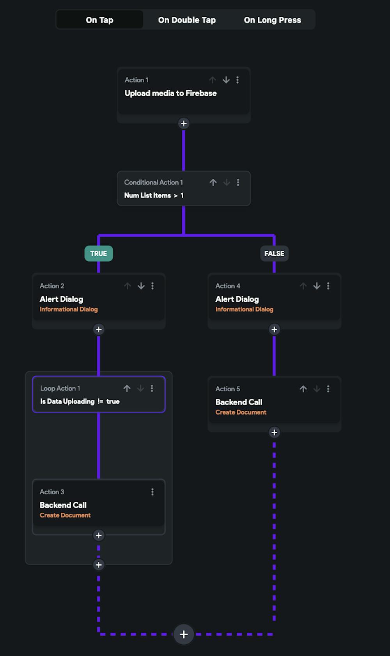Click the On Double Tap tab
tap(187, 20)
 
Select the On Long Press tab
tap(272, 20)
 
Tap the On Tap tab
tap(99, 20)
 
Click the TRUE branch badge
tap(99, 253)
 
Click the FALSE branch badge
tap(274, 253)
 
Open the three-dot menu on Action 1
tap(238, 80)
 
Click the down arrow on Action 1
tap(226, 80)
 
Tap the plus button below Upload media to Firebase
tap(184, 123)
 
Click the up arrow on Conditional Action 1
tap(213, 182)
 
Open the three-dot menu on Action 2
tap(152, 286)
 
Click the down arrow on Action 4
tap(317, 286)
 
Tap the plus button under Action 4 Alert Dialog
tap(274, 329)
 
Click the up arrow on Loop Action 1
tap(127, 388)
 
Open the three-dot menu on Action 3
tap(152, 492)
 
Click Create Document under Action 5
tap(241, 412)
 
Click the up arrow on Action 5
tap(303, 389)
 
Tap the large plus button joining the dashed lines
tap(184, 634)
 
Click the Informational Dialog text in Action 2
tap(69, 309)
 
